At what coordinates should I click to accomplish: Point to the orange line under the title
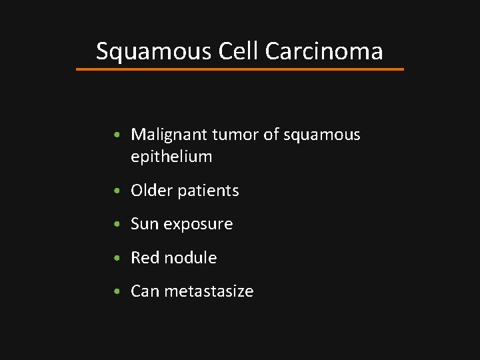240,69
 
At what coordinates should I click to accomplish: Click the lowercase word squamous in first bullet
321,135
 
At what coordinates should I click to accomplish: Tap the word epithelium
171,157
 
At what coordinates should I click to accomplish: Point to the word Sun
143,224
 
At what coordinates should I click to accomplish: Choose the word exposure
197,225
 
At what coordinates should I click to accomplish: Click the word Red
145,257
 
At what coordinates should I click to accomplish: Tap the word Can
145,291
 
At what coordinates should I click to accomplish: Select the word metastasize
209,291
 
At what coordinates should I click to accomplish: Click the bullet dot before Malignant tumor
117,135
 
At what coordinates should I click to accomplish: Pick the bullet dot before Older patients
117,191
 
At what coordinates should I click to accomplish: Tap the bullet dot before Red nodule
117,258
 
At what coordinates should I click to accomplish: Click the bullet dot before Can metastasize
117,292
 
